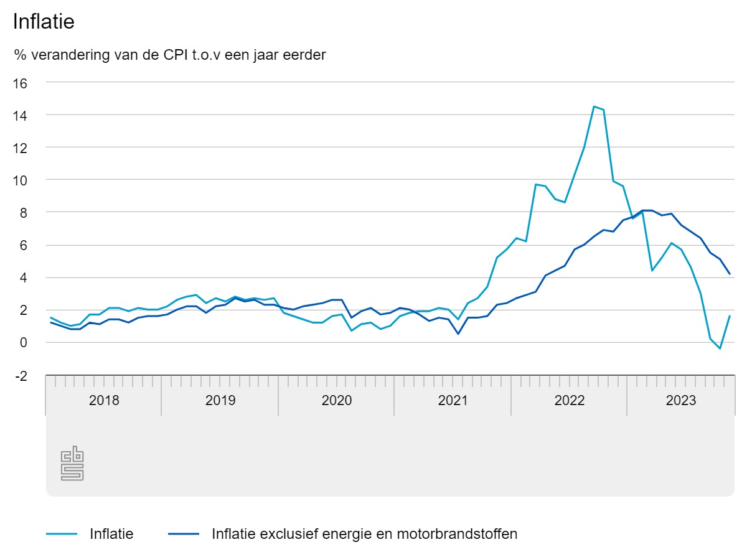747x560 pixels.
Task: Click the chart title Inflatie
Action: click(x=44, y=22)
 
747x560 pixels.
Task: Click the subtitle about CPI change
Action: click(x=170, y=55)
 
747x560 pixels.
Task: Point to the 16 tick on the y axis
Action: click(x=21, y=83)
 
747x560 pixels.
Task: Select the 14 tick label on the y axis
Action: click(x=21, y=115)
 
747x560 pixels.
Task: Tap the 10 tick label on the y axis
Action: click(x=21, y=180)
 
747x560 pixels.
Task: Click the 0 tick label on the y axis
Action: click(x=24, y=342)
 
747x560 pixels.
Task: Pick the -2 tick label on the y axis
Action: click(x=21, y=375)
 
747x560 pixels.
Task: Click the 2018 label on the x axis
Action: click(x=104, y=400)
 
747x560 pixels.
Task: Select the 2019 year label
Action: click(x=220, y=400)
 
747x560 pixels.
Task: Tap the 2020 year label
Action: click(x=337, y=400)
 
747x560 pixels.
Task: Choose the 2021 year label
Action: click(x=453, y=400)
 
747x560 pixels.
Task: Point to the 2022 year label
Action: click(x=569, y=400)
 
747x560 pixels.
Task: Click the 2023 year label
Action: click(x=681, y=400)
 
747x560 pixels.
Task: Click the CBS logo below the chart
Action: click(x=72, y=464)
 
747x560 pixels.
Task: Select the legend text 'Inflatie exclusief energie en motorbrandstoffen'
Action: click(x=364, y=534)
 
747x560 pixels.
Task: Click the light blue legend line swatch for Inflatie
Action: click(x=62, y=534)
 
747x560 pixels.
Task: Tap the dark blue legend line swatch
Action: click(x=184, y=534)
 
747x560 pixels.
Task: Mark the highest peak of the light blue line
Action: click(x=594, y=106)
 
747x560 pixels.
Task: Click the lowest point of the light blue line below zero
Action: click(x=720, y=348)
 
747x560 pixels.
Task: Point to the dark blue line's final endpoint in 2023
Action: click(x=730, y=274)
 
